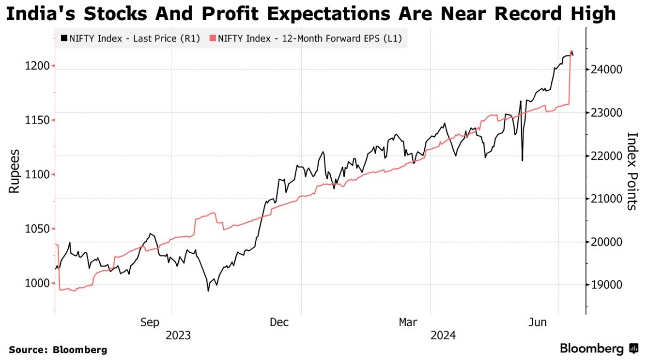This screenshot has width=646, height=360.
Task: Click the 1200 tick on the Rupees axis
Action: [x=37, y=66]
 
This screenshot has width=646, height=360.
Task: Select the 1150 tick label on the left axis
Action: [x=37, y=120]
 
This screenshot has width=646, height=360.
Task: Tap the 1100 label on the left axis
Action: [x=37, y=175]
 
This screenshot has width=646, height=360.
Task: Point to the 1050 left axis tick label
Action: [x=37, y=229]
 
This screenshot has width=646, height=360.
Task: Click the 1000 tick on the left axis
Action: [x=37, y=283]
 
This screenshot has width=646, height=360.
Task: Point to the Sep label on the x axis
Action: [x=150, y=322]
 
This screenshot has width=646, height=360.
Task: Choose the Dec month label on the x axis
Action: [x=279, y=322]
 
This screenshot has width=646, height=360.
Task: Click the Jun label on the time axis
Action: [x=539, y=322]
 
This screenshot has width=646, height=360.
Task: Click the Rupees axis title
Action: [x=14, y=171]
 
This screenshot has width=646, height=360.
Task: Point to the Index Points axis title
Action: [x=632, y=171]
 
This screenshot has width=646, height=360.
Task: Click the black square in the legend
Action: [x=64, y=39]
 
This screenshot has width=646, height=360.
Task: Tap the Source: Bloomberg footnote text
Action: [x=58, y=350]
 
